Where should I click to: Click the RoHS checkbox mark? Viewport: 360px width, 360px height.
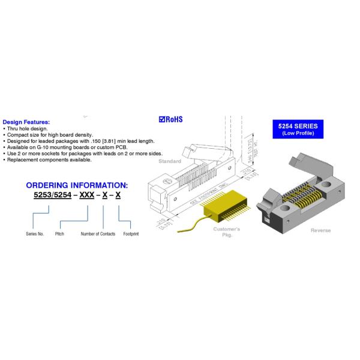pos(162,119)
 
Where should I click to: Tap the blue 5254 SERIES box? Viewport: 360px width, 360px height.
pos(298,129)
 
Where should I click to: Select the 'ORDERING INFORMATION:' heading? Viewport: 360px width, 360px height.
pos(76,185)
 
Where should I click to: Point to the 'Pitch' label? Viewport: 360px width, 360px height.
pos(59,233)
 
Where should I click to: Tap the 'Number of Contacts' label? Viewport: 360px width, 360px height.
pos(98,233)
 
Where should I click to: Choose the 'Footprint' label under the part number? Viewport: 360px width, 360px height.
pos(131,233)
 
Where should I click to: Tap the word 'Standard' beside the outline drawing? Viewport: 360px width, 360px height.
pos(170,161)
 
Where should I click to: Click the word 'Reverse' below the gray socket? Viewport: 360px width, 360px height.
pos(321,230)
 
